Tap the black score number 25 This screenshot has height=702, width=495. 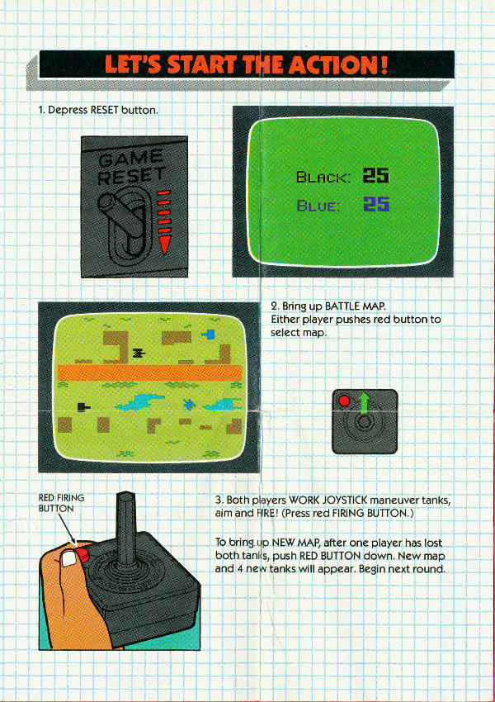click(x=376, y=175)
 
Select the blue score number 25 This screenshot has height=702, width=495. click(x=376, y=205)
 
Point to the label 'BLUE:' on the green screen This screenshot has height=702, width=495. click(x=318, y=206)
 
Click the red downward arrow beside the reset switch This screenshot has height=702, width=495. click(x=164, y=221)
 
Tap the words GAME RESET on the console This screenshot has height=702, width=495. click(x=131, y=168)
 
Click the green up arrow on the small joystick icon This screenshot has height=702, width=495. click(x=365, y=403)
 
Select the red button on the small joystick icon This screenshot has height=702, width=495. click(x=344, y=401)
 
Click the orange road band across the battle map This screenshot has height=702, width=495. click(x=150, y=372)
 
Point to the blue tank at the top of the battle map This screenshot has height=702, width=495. click(x=209, y=334)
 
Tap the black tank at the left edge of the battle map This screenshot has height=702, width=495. click(x=83, y=406)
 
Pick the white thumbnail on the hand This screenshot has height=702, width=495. click(x=68, y=558)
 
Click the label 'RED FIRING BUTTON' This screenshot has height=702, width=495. click(x=61, y=503)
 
